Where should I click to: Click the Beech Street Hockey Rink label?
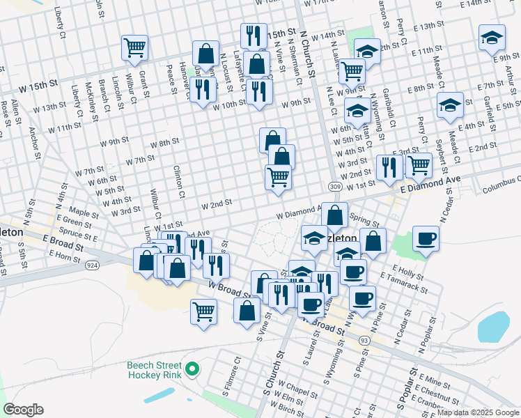[x=154, y=370]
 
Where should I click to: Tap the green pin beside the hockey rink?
[x=195, y=369]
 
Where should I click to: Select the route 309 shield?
[x=335, y=187]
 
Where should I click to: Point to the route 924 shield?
[x=91, y=265]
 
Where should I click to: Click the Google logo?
[x=23, y=410]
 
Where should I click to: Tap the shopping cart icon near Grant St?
[x=134, y=47]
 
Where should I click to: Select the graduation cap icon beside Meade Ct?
[x=450, y=104]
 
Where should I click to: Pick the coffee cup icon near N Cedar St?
[x=426, y=239]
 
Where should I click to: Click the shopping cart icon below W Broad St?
[x=204, y=311]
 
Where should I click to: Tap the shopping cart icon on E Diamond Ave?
[x=419, y=165]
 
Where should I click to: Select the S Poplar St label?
[x=405, y=394]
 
